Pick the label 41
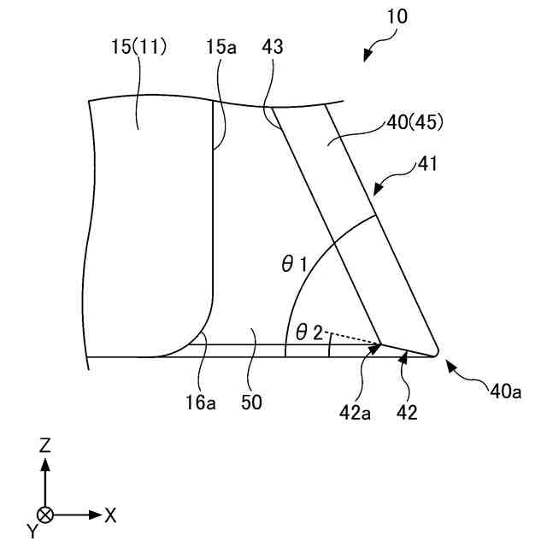428,164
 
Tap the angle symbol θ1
294,266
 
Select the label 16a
202,400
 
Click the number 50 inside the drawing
251,400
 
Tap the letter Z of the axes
45,444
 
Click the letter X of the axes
110,515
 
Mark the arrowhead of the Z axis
45,463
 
